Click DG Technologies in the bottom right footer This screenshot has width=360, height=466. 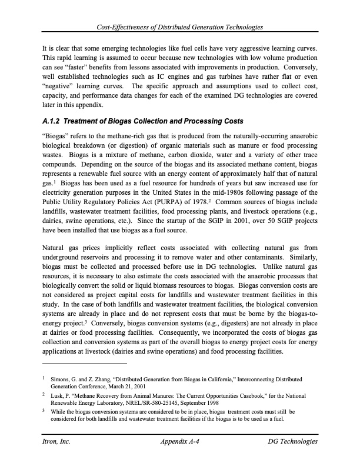[292, 441]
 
